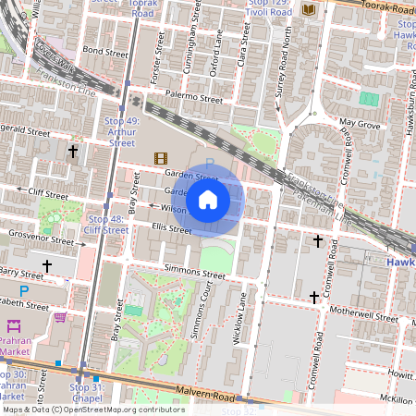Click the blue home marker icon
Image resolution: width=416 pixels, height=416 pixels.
[x=208, y=199]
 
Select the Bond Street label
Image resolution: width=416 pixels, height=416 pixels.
[x=103, y=49]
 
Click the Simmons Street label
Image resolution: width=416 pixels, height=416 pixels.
[x=195, y=275]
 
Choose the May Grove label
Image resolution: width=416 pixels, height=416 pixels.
[x=360, y=122]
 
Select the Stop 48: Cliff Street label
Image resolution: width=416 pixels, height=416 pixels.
[x=106, y=224]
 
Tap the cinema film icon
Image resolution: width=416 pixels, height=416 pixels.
[x=162, y=158]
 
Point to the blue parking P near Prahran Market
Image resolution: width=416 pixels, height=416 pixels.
[x=24, y=290]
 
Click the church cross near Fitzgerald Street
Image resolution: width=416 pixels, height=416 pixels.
[x=73, y=150]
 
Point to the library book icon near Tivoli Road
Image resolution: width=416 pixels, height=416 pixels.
[x=309, y=9]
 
